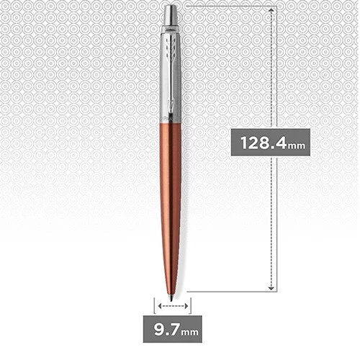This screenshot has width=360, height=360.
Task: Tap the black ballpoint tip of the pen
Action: (x=171, y=295)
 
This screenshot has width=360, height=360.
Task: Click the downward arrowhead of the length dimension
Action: (x=271, y=286)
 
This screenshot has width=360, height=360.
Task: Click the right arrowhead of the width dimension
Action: (x=186, y=307)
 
